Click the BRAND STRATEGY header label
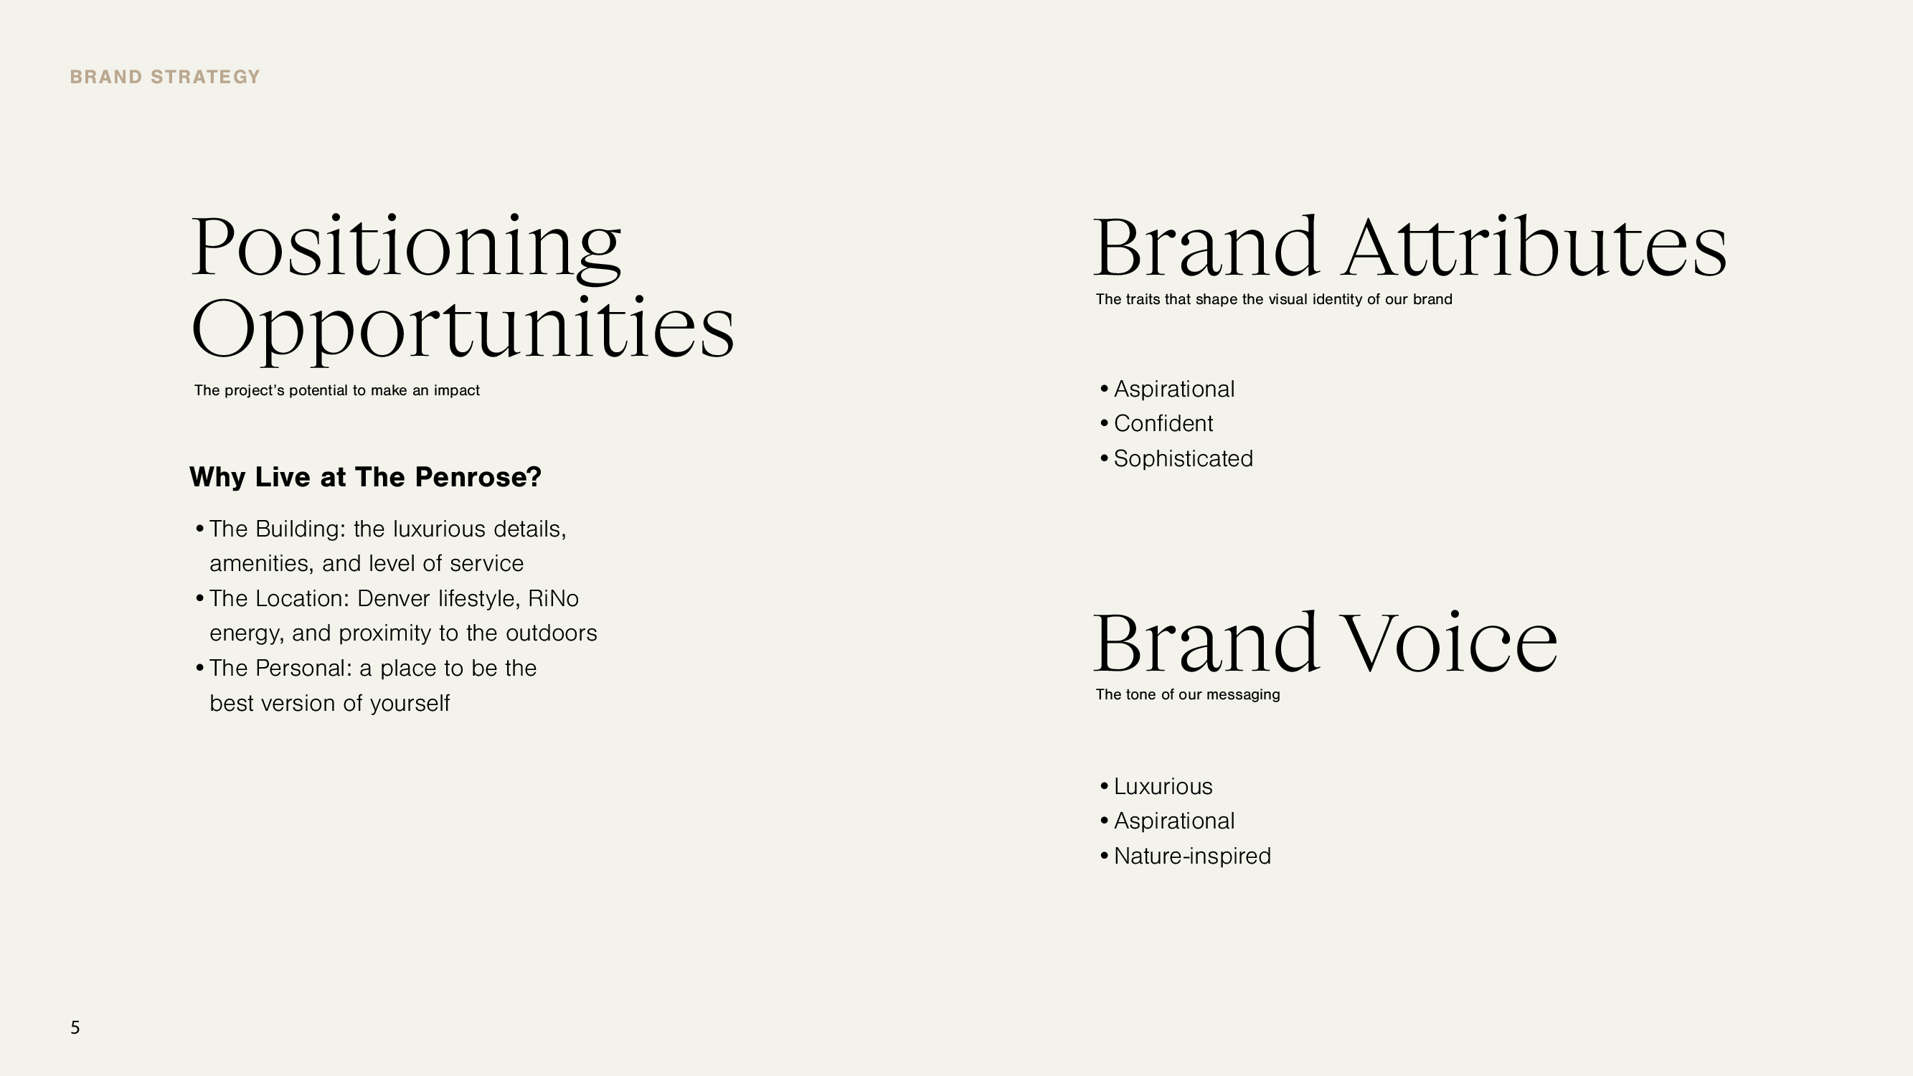point(165,77)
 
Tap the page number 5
point(75,1028)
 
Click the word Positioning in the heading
point(406,247)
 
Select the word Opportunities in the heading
point(463,329)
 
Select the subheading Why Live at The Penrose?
point(365,477)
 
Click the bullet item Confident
point(1163,423)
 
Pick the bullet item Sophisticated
point(1183,458)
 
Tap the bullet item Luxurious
point(1163,786)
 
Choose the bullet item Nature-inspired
point(1192,856)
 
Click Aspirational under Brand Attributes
point(1174,389)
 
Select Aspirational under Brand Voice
point(1174,821)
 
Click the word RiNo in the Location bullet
point(553,598)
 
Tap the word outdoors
point(551,633)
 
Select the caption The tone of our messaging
point(1187,694)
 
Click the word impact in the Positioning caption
point(457,391)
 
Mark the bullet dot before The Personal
point(200,669)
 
